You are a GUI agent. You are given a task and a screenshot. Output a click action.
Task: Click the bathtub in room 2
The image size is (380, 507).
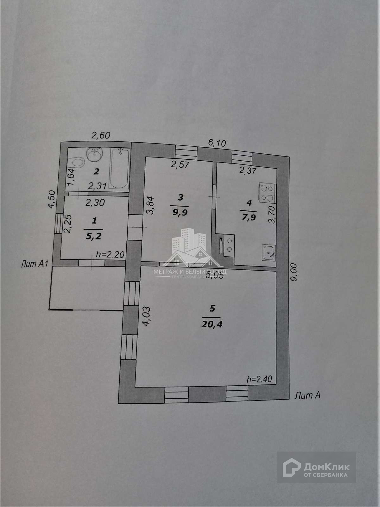coord(119,169)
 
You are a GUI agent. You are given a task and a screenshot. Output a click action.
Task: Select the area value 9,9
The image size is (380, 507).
coord(180,212)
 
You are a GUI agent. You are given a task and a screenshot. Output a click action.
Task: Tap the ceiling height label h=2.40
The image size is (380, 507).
coord(259,379)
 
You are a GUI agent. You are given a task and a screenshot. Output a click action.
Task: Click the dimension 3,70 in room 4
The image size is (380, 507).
coord(272,214)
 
